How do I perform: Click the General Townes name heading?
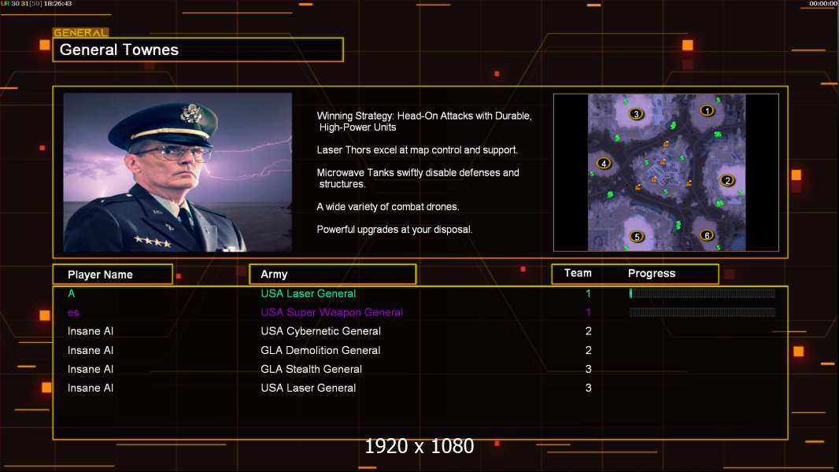click(119, 50)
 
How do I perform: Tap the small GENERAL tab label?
click(81, 32)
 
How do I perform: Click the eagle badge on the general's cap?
click(190, 113)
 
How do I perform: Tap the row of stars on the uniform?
click(153, 242)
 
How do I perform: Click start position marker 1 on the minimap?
click(707, 111)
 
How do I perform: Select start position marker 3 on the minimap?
click(636, 114)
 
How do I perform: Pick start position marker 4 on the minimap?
click(604, 164)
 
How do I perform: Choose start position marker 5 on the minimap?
click(637, 237)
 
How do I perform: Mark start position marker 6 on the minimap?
click(707, 235)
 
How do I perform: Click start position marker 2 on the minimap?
click(727, 180)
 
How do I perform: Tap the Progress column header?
click(651, 274)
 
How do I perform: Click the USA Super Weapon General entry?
click(332, 312)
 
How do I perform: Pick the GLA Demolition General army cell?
click(320, 350)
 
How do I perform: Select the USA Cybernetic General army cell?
click(320, 331)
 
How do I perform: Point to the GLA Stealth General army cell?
click(312, 369)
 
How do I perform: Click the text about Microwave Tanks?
click(418, 178)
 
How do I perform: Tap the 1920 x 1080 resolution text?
click(419, 446)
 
